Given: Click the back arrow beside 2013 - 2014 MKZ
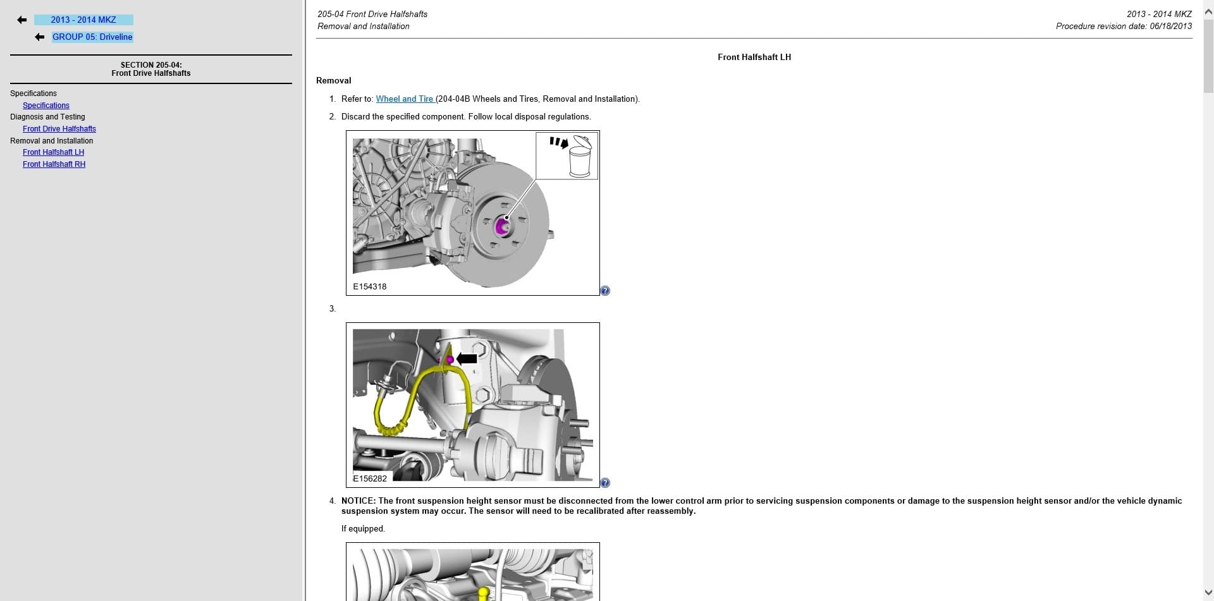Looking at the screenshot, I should point(22,20).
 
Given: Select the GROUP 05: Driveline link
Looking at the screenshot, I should point(92,37).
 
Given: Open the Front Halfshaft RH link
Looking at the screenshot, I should point(54,164).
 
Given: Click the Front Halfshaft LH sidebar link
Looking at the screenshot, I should point(53,152).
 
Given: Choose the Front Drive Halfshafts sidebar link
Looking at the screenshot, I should point(59,129).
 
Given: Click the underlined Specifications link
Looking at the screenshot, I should point(46,106).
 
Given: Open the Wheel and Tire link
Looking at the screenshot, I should point(405,99).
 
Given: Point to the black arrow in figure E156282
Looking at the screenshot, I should point(467,359).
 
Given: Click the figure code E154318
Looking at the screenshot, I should point(370,287).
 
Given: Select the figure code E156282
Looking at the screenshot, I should point(370,479).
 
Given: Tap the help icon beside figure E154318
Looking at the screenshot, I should point(605,291).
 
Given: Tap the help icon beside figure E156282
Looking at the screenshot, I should point(605,483).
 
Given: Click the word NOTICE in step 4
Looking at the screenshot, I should point(358,501).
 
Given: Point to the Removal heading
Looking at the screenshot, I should point(334,81).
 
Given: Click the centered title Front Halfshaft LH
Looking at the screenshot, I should point(754,58).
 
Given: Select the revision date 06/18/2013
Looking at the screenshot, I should point(1171,27).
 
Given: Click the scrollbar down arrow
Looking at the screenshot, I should point(1208,593).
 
